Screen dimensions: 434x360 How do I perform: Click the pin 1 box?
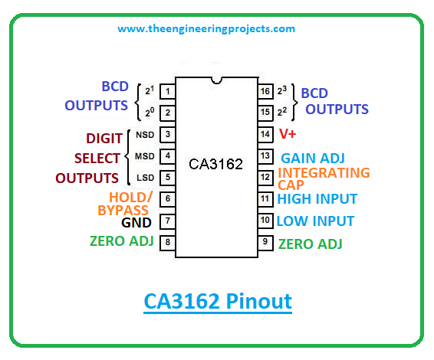click(x=167, y=91)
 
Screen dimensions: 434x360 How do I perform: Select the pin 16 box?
click(x=265, y=91)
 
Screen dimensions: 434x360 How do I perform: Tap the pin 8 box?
click(x=167, y=243)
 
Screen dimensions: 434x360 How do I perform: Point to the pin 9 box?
click(x=265, y=243)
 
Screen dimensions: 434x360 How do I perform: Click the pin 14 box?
click(x=265, y=135)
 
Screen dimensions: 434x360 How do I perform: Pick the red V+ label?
click(x=288, y=134)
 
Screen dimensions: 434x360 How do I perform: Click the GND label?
click(x=136, y=223)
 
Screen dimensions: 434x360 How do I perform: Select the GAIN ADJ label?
click(x=313, y=159)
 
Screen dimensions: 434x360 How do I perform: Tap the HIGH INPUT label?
click(x=317, y=199)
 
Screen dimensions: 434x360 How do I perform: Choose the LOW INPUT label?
click(x=316, y=221)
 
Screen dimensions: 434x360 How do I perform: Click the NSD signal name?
click(x=145, y=135)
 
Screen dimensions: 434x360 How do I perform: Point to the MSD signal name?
click(x=144, y=156)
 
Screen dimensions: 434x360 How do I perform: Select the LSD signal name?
click(x=146, y=178)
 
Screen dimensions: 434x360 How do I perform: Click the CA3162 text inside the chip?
click(x=215, y=164)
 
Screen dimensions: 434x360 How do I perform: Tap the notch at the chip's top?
click(x=216, y=80)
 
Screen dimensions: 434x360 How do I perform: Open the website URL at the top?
click(x=206, y=29)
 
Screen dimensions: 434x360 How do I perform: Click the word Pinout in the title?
click(x=258, y=301)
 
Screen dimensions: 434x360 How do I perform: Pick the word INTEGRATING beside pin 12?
click(x=324, y=173)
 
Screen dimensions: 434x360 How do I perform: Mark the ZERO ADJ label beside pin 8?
click(x=121, y=241)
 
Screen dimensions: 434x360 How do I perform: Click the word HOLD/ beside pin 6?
click(x=130, y=198)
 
